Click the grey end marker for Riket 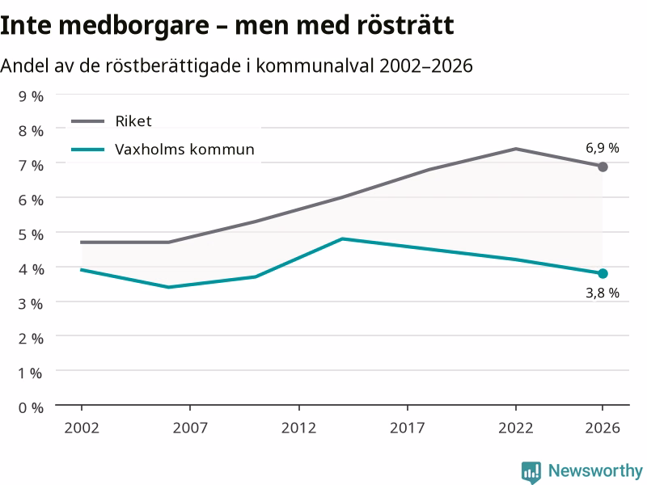pos(603,167)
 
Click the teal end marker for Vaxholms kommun pos(603,273)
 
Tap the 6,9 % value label pos(603,148)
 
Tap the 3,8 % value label pos(603,293)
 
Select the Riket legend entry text pos(133,121)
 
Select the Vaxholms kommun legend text pos(184,150)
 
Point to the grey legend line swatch pos(88,121)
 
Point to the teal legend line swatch pos(88,150)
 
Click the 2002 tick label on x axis pos(82,428)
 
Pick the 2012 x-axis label pos(298,428)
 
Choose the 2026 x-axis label pos(603,428)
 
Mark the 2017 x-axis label pos(408,428)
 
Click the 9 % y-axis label pos(31,96)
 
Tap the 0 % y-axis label pos(31,408)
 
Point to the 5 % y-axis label pos(31,234)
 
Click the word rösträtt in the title pos(405,25)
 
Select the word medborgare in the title pos(134,26)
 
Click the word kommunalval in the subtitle pos(315,65)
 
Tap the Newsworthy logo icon pos(531,472)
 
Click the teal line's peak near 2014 pos(342,238)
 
